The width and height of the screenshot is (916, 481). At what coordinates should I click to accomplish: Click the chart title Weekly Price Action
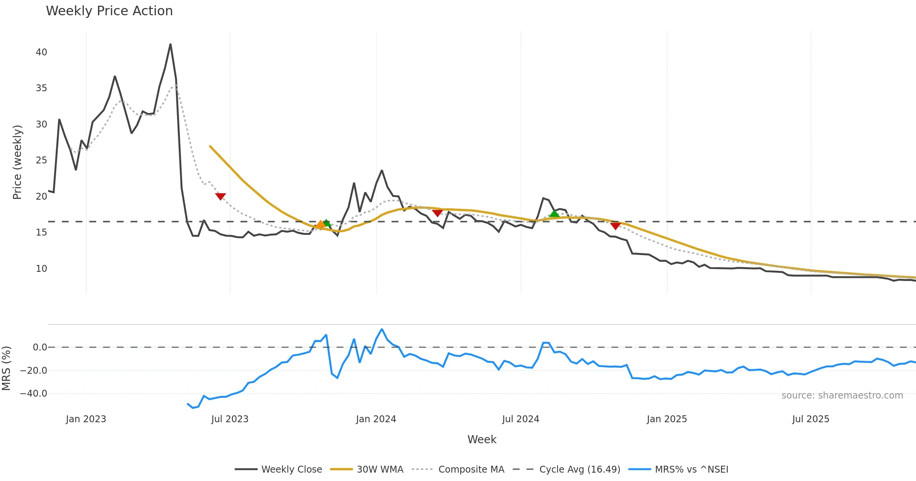tap(109, 11)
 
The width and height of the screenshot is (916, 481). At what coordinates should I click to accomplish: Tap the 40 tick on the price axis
tap(41, 52)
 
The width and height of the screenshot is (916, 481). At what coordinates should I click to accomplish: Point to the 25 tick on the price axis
tap(41, 160)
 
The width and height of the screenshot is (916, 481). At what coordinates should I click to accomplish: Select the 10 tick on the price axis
tap(41, 268)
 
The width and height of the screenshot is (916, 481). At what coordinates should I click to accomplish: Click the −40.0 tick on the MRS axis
tap(34, 393)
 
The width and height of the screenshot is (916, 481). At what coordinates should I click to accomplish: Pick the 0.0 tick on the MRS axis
tap(40, 347)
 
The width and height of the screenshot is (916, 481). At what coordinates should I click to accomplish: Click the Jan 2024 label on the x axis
tap(376, 419)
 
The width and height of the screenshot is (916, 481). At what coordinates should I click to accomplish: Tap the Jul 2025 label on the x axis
tap(811, 419)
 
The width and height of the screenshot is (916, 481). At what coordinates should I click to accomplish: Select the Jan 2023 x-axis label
tap(86, 419)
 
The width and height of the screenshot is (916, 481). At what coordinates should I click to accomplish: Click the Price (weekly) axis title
tap(17, 162)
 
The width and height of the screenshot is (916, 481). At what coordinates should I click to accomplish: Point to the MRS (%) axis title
tap(6, 368)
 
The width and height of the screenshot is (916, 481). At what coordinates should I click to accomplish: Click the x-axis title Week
tap(482, 439)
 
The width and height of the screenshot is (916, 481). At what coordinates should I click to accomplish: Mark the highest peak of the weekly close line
tap(170, 44)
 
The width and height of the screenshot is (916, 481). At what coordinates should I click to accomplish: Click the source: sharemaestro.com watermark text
tap(842, 395)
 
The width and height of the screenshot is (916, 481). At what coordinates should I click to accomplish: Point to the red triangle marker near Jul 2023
tap(220, 196)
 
